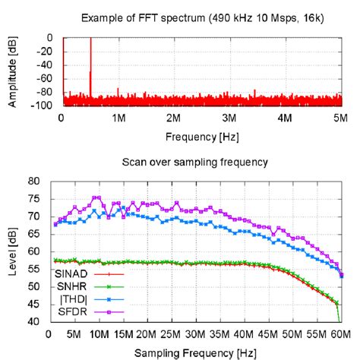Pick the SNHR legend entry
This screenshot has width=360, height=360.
click(70, 286)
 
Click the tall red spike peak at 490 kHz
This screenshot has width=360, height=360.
click(91, 39)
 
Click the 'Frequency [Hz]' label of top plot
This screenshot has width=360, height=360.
click(201, 137)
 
